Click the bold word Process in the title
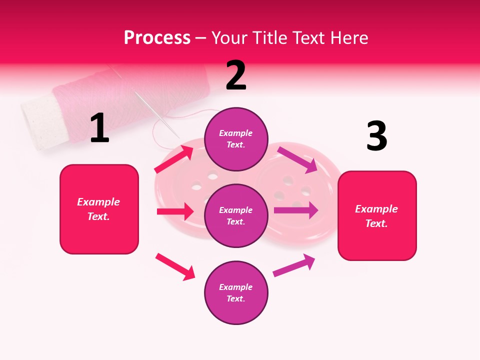click(x=157, y=38)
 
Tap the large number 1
click(x=99, y=128)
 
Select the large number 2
click(x=236, y=75)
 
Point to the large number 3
click(x=376, y=136)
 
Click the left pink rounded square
click(x=99, y=209)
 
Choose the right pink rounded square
click(x=377, y=216)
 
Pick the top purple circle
click(x=236, y=139)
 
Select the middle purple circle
click(x=236, y=215)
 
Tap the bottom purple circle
click(x=236, y=292)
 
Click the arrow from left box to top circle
click(x=174, y=159)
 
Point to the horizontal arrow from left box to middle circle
click(x=175, y=211)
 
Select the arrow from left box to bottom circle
click(x=175, y=266)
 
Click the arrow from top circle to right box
click(x=298, y=159)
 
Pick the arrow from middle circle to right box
click(x=296, y=210)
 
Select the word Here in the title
click(x=348, y=38)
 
